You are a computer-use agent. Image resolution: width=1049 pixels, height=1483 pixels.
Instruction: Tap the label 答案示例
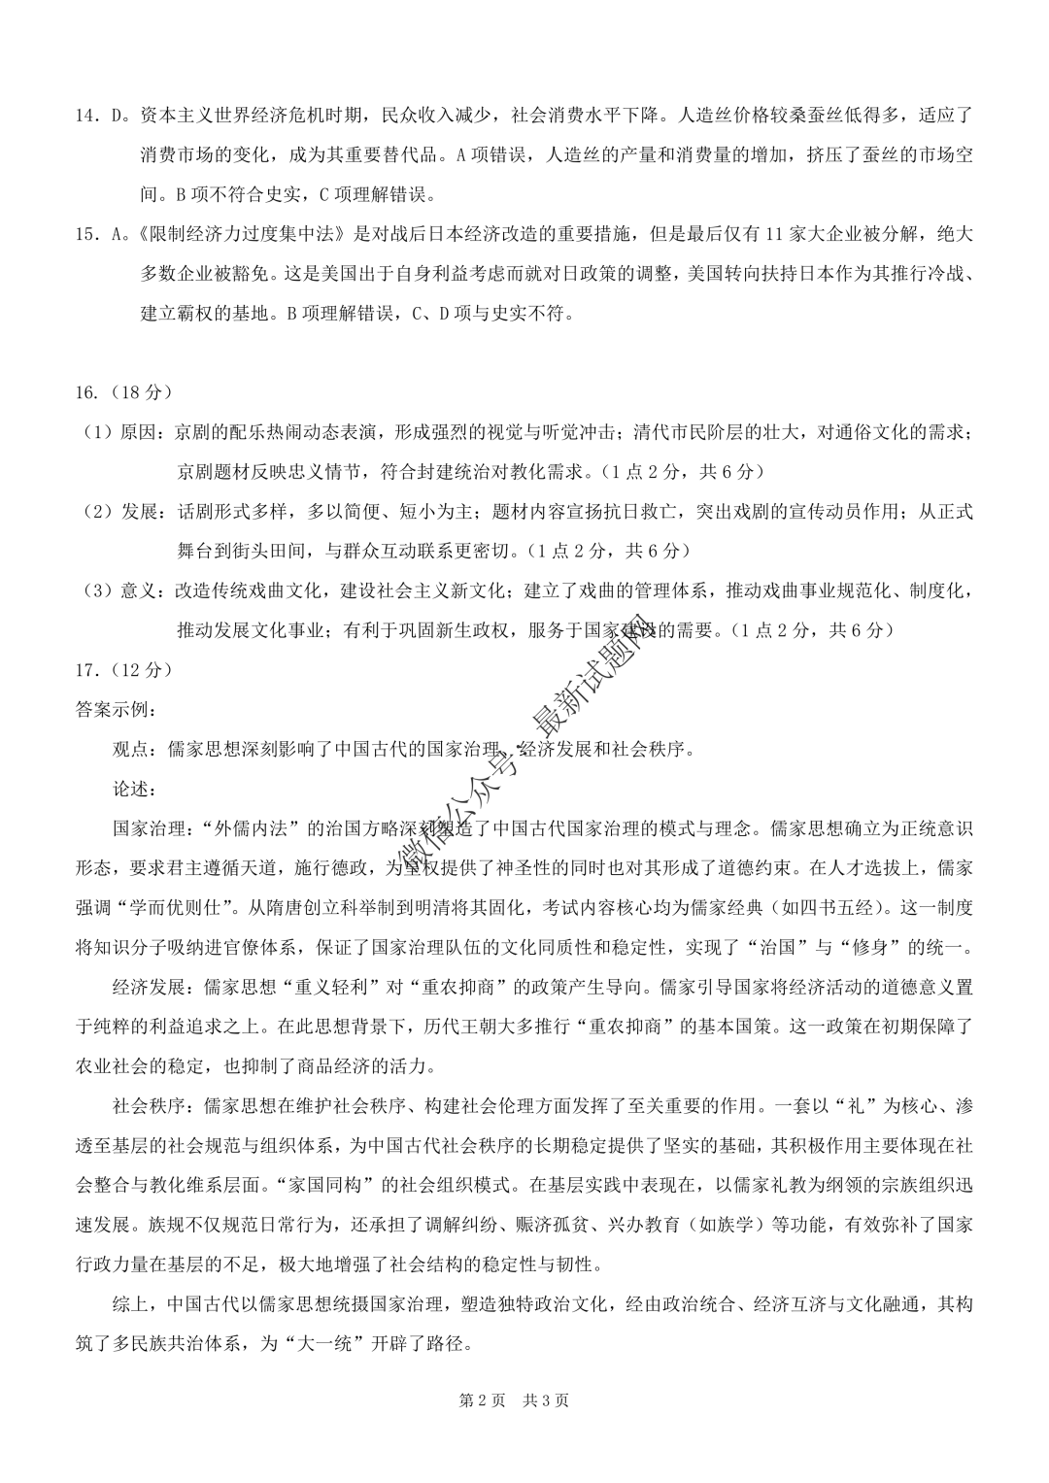click(113, 710)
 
